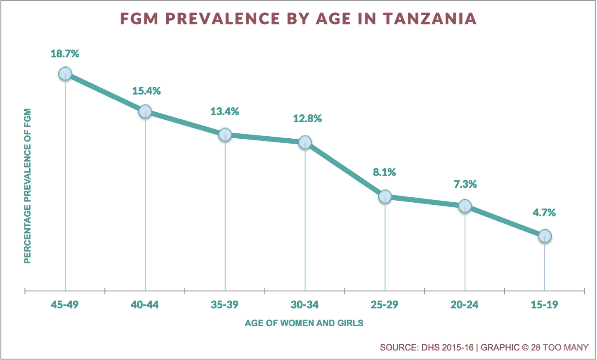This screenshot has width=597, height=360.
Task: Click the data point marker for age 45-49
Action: click(65, 74)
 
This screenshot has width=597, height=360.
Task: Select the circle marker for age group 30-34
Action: click(305, 142)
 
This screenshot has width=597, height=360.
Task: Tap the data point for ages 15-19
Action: click(545, 236)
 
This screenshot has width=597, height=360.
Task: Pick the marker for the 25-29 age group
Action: click(385, 197)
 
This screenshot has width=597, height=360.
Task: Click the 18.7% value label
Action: click(65, 54)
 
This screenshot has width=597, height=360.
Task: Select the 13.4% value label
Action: click(225, 111)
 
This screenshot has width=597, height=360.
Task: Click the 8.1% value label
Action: click(385, 172)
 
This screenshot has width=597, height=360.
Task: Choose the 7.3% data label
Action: click(465, 184)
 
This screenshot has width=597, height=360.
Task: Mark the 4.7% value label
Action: click(544, 213)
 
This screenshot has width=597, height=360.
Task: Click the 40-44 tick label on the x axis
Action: click(144, 305)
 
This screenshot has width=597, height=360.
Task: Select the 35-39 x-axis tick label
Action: click(224, 305)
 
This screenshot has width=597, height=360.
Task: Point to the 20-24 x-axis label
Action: click(465, 305)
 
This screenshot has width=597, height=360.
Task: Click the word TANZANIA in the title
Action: click(430, 19)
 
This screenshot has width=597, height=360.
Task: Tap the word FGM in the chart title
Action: click(139, 19)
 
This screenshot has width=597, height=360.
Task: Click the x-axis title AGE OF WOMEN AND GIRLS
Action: click(304, 323)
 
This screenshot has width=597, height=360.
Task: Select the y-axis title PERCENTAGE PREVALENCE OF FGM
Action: click(28, 186)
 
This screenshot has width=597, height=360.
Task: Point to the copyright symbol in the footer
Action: click(525, 348)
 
